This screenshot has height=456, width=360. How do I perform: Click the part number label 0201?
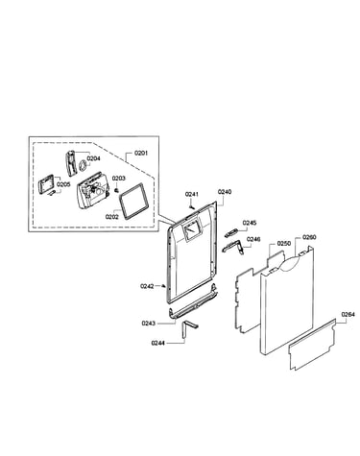point(141,154)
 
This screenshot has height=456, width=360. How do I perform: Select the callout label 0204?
point(93,158)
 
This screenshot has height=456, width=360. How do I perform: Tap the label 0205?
point(63,184)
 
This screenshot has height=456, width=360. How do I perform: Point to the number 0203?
point(118,179)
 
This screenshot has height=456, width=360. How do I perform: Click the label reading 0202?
point(112,217)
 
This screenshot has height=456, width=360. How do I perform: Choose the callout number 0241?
point(192,194)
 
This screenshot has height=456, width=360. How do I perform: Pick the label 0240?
point(225,192)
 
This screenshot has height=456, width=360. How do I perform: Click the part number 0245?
point(250,223)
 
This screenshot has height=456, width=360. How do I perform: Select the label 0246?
point(253,239)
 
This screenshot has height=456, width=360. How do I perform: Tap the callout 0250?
point(284,243)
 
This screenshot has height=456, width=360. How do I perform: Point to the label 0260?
point(309,237)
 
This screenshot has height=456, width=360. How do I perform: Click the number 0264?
point(348,314)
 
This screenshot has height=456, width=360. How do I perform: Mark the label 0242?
point(147,286)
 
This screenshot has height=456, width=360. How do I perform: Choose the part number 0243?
point(149,324)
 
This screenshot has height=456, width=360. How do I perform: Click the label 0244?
point(158,343)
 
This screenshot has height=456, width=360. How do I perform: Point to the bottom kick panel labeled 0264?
point(312,345)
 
